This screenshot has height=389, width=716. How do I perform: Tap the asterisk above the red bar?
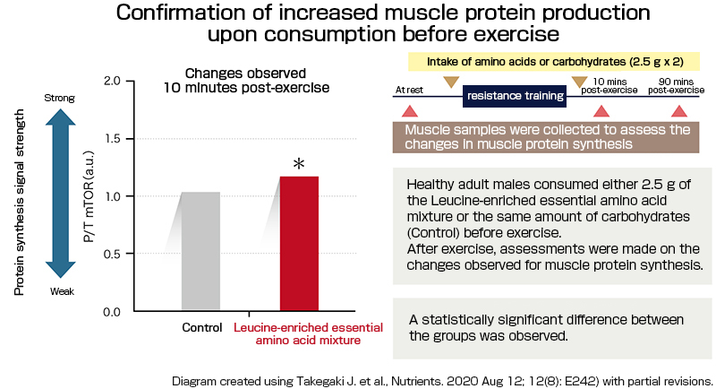pyautogui.click(x=299, y=164)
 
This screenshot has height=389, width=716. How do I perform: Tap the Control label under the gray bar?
pyautogui.click(x=201, y=328)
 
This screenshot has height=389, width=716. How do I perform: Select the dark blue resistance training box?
pyautogui.click(x=515, y=95)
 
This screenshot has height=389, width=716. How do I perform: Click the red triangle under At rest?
pyautogui.click(x=410, y=111)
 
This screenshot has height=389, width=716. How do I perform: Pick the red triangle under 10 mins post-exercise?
pyautogui.click(x=602, y=111)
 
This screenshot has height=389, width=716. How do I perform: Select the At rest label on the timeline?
pyautogui.click(x=408, y=91)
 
